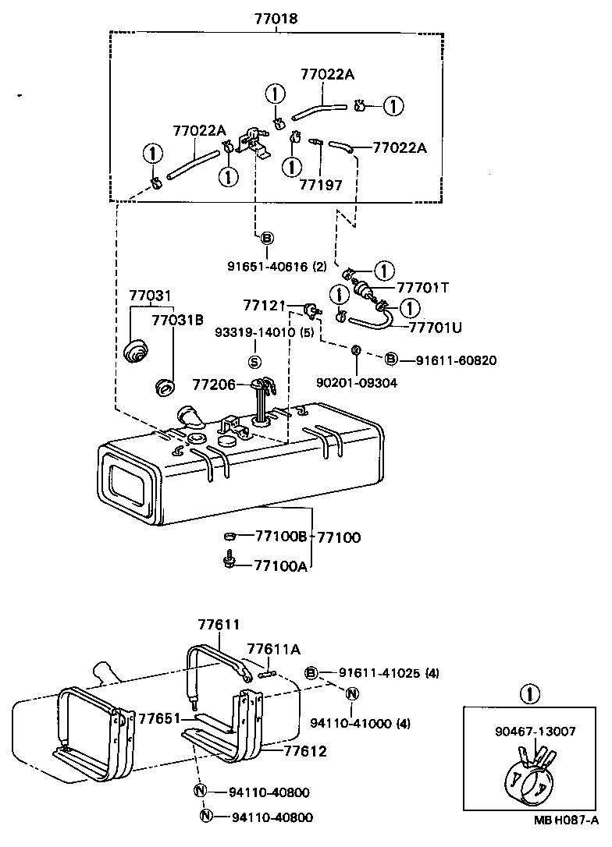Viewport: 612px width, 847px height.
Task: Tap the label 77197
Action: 320,186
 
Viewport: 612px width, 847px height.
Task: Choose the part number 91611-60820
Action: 455,360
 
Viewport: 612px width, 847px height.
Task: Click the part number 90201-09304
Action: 356,383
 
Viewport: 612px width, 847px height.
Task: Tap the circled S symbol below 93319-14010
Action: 254,361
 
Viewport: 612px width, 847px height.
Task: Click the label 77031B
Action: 177,320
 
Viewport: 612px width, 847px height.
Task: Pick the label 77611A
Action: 273,648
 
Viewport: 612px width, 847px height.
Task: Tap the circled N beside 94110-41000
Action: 352,694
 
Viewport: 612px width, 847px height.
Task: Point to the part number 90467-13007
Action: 535,732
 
